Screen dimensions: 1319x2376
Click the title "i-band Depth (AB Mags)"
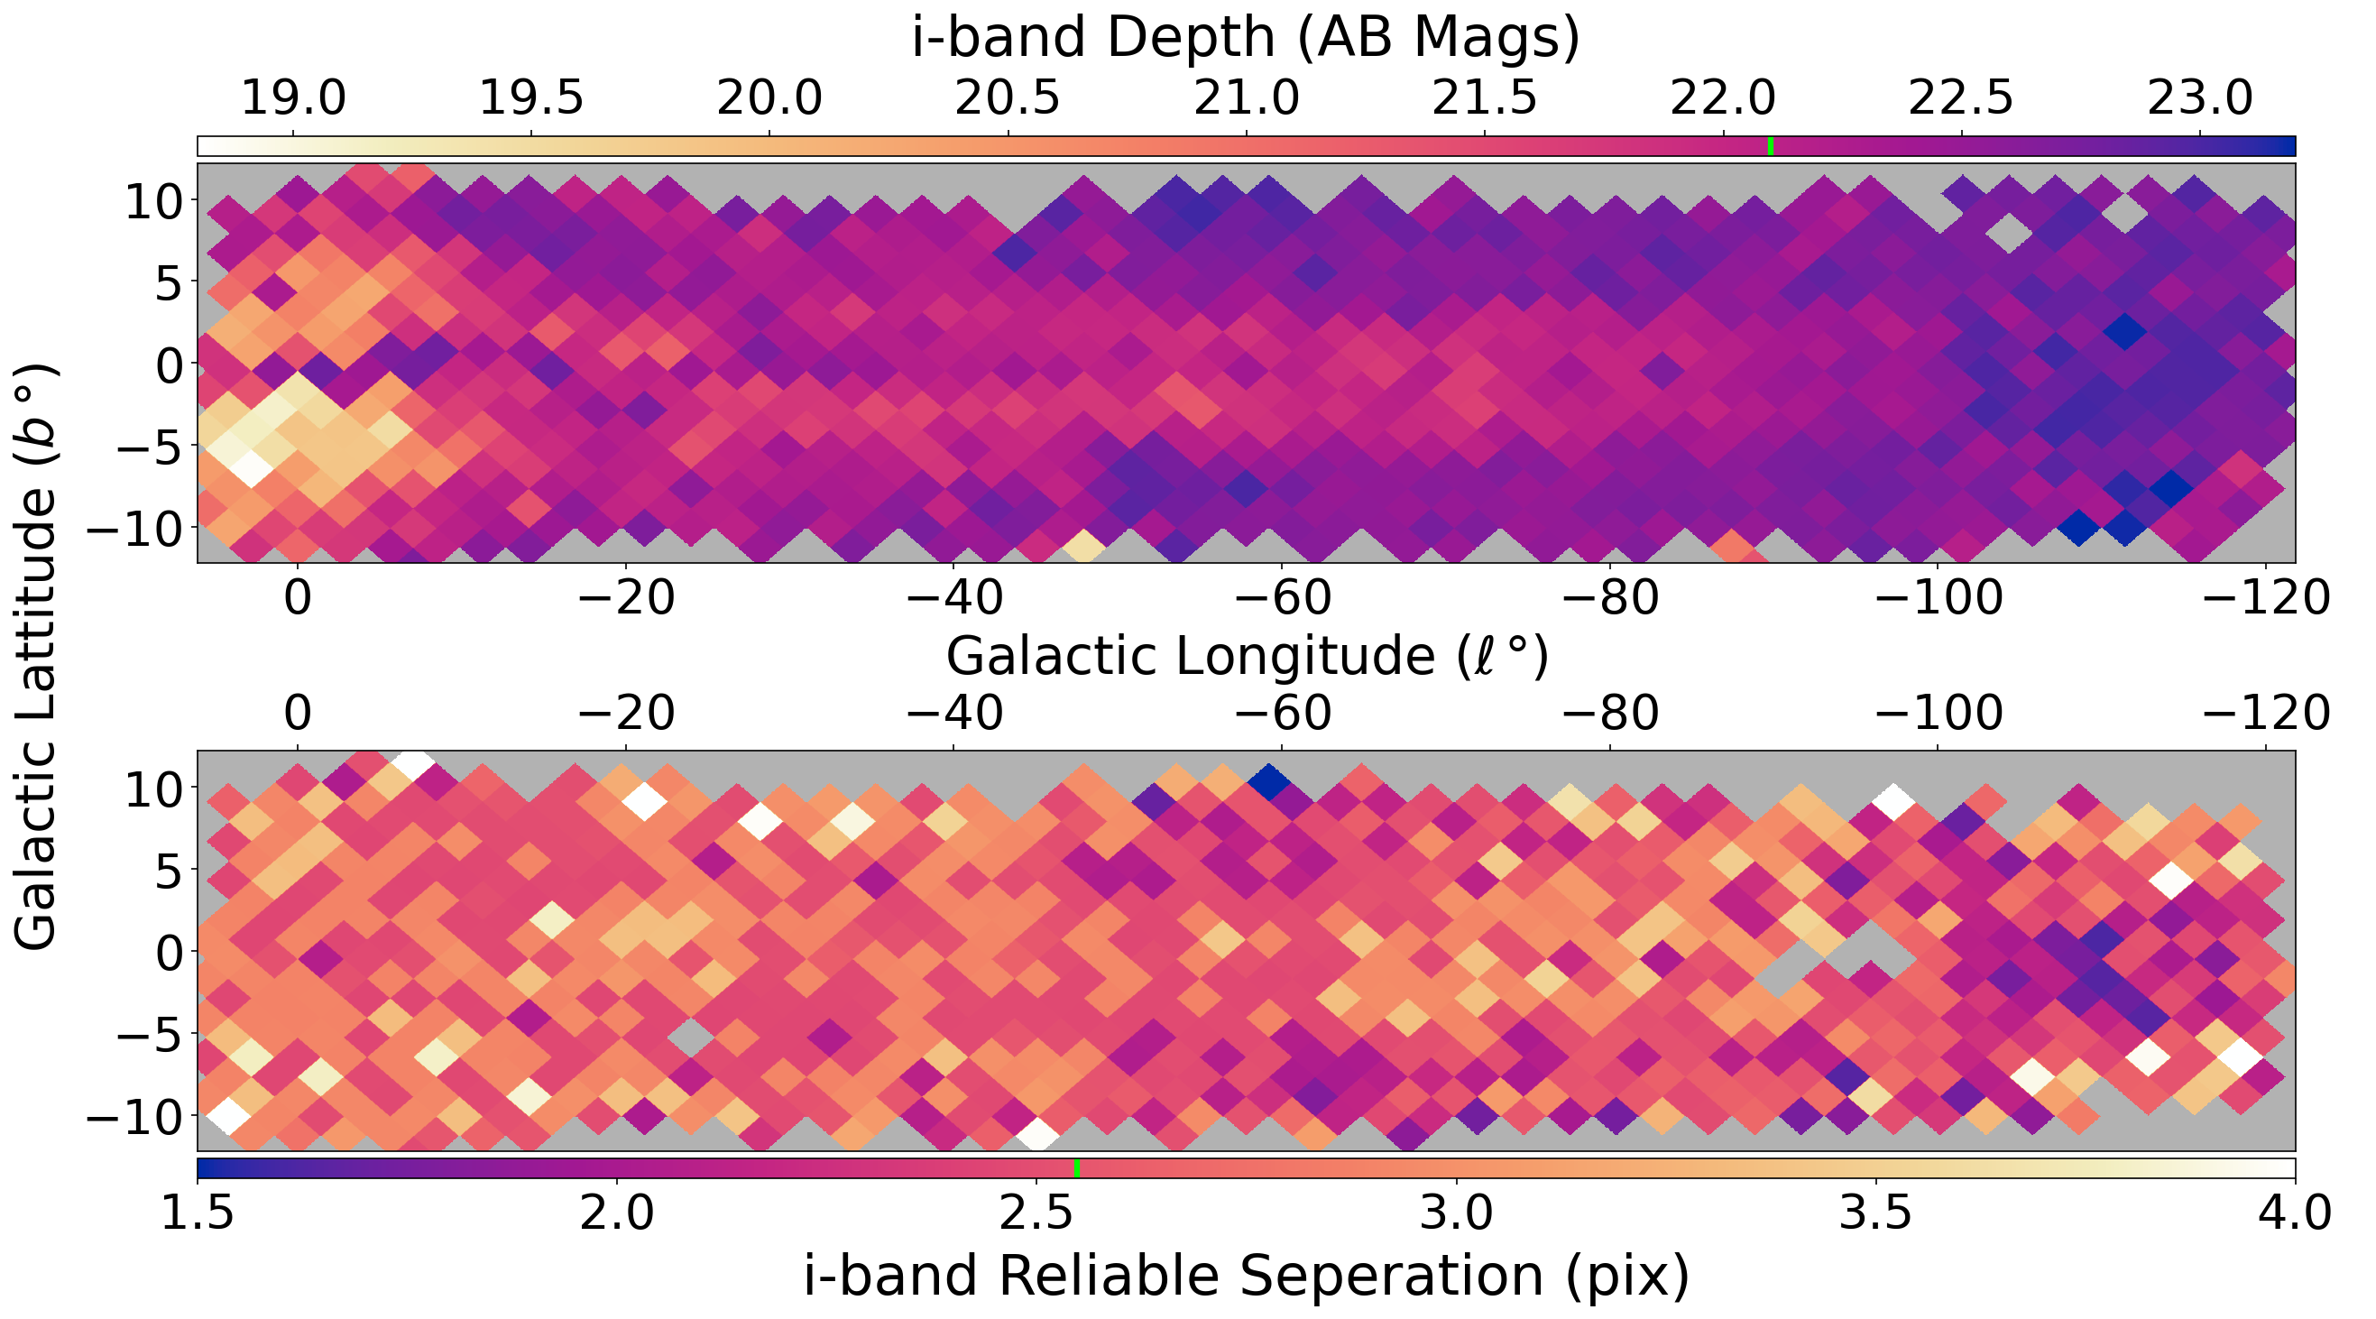pyautogui.click(x=1245, y=39)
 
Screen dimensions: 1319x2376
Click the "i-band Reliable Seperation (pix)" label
pyautogui.click(x=1245, y=1276)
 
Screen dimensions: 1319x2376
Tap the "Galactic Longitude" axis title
pyautogui.click(x=1245, y=657)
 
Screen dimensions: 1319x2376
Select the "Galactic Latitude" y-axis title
pyautogui.click(x=37, y=657)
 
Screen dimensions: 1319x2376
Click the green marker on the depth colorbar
pyautogui.click(x=1770, y=146)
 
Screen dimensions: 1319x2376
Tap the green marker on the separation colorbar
pyautogui.click(x=1076, y=1167)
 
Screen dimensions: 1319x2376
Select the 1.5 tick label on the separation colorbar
pyautogui.click(x=198, y=1213)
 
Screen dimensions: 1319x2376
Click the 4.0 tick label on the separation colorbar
pyautogui.click(x=2295, y=1213)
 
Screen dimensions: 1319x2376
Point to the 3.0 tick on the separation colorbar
pyautogui.click(x=1457, y=1213)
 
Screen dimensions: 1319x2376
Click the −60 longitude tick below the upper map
pyautogui.click(x=1281, y=598)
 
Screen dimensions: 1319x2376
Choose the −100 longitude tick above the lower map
pyautogui.click(x=1938, y=713)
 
